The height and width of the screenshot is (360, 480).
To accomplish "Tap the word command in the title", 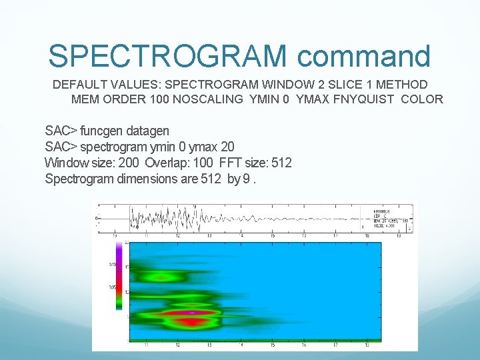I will [364, 56].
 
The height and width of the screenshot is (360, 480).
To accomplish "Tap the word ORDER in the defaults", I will [125, 99].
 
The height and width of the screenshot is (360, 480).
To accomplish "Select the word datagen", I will [149, 131].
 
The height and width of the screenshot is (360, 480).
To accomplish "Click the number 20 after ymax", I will [227, 147].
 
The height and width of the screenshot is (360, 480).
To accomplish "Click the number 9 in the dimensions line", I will [246, 179].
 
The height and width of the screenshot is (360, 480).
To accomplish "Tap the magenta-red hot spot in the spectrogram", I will [191, 312].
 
